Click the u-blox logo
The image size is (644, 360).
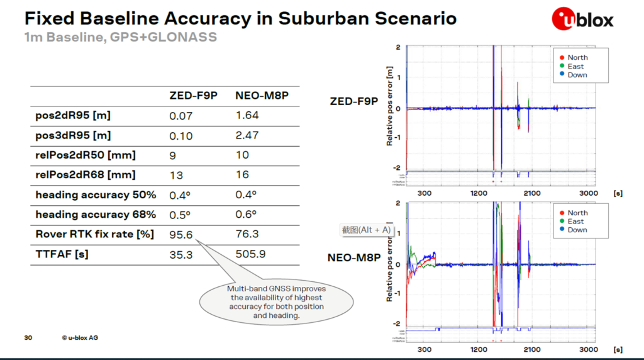(582, 19)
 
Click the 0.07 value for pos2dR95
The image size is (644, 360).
(181, 116)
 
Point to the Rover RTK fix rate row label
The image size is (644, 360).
(95, 234)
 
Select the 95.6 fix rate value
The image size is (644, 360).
(181, 234)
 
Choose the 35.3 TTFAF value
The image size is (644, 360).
(181, 254)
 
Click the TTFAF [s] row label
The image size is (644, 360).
(62, 254)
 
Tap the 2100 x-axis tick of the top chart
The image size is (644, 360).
(531, 193)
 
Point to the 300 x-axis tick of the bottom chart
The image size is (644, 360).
(425, 349)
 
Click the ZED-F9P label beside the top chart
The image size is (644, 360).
(353, 101)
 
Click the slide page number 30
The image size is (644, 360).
(28, 337)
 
